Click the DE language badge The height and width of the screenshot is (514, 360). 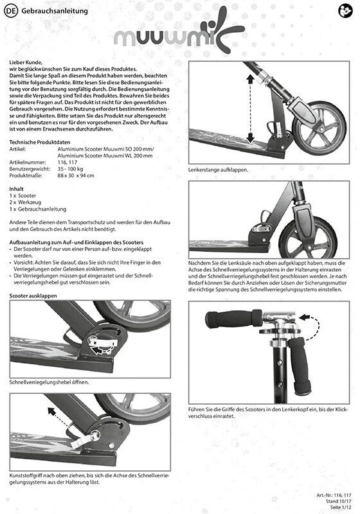tap(11, 11)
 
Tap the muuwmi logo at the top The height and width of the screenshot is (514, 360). tap(179, 33)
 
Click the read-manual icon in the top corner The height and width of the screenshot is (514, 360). tap(345, 11)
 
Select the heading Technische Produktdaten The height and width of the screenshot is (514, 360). tap(40, 142)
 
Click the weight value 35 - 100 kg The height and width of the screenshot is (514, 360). tap(70, 169)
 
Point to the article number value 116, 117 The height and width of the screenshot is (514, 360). tap(67, 163)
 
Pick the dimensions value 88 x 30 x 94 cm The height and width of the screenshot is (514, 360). tap(76, 175)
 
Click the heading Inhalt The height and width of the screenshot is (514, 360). tap(17, 189)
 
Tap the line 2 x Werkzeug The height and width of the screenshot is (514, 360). tap(25, 202)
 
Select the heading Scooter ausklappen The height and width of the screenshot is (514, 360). tap(33, 296)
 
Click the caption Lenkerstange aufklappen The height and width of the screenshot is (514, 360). tap(219, 170)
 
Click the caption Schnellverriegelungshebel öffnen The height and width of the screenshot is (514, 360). tap(50, 382)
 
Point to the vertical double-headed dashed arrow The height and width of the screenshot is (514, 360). tap(250, 109)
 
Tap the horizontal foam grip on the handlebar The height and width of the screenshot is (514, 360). tap(233, 319)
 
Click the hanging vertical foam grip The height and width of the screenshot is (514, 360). tap(299, 366)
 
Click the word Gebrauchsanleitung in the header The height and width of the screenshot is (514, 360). tap(55, 11)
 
